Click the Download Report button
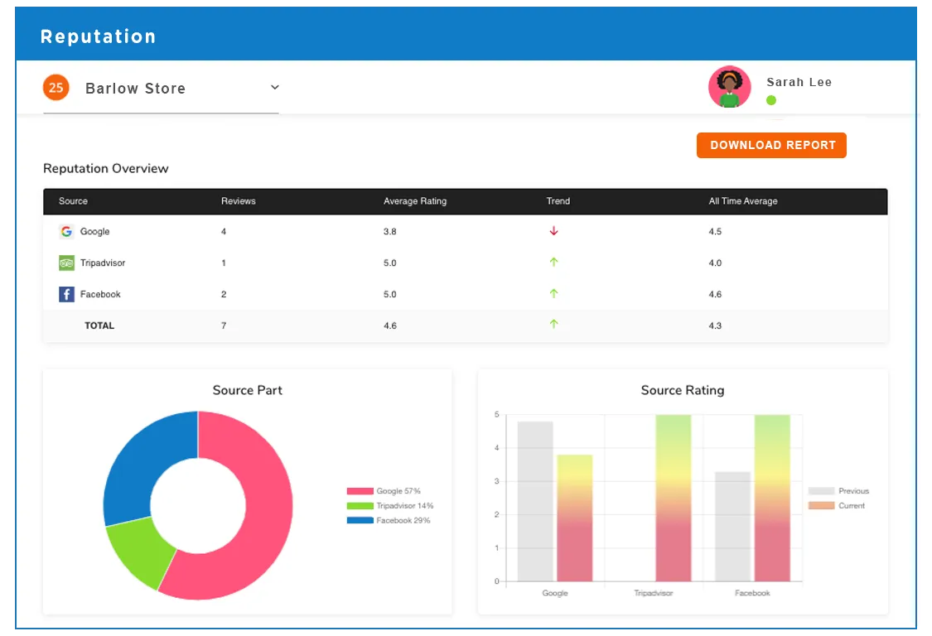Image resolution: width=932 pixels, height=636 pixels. (771, 145)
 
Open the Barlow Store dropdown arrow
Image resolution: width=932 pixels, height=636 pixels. (275, 88)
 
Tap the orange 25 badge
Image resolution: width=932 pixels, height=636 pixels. (56, 87)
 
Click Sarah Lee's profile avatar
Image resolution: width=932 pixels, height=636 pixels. (729, 87)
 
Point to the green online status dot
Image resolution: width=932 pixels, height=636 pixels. (771, 100)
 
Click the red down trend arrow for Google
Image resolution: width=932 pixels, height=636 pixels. (554, 231)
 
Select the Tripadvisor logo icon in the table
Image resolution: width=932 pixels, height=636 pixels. (66, 263)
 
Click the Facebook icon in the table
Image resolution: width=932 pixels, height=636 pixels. (66, 294)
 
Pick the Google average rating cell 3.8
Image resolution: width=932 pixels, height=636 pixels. (389, 232)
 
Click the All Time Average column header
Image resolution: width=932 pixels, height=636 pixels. (743, 201)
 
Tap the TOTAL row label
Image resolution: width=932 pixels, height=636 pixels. (99, 325)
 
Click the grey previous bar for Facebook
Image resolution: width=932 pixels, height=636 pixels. (732, 526)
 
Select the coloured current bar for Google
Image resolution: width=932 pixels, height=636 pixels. (574, 518)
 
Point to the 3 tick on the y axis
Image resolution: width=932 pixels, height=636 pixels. (496, 481)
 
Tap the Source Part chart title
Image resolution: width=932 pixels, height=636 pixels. (247, 390)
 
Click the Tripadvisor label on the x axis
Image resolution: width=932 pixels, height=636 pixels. (654, 593)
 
